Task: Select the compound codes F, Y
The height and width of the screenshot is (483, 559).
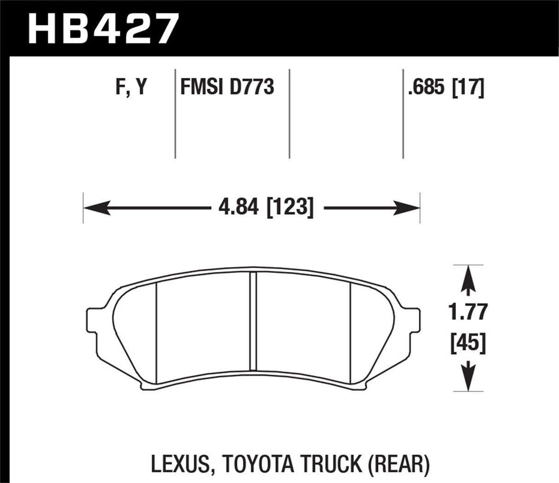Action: click(x=131, y=87)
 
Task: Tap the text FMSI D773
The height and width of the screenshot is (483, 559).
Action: click(x=227, y=87)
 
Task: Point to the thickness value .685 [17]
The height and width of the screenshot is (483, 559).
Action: click(x=446, y=87)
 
